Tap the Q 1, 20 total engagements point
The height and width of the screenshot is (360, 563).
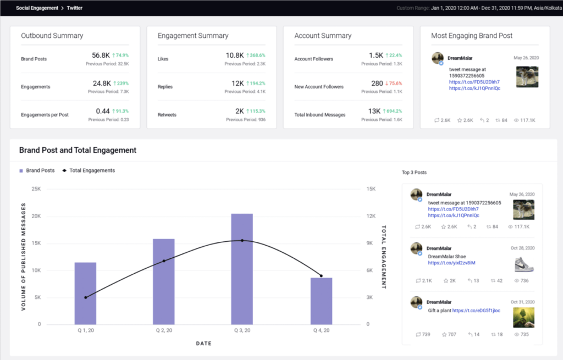click(x=85, y=297)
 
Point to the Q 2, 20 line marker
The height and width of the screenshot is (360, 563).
click(x=164, y=261)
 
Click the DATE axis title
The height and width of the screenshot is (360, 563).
click(x=203, y=344)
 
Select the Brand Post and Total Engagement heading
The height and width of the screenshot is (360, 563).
click(x=78, y=150)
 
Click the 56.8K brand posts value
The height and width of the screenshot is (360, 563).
click(x=101, y=56)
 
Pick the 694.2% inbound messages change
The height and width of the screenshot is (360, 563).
click(x=391, y=112)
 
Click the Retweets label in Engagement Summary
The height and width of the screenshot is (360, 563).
click(x=168, y=114)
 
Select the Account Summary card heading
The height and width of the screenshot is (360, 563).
click(x=323, y=36)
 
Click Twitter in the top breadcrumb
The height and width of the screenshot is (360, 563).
click(x=74, y=8)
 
